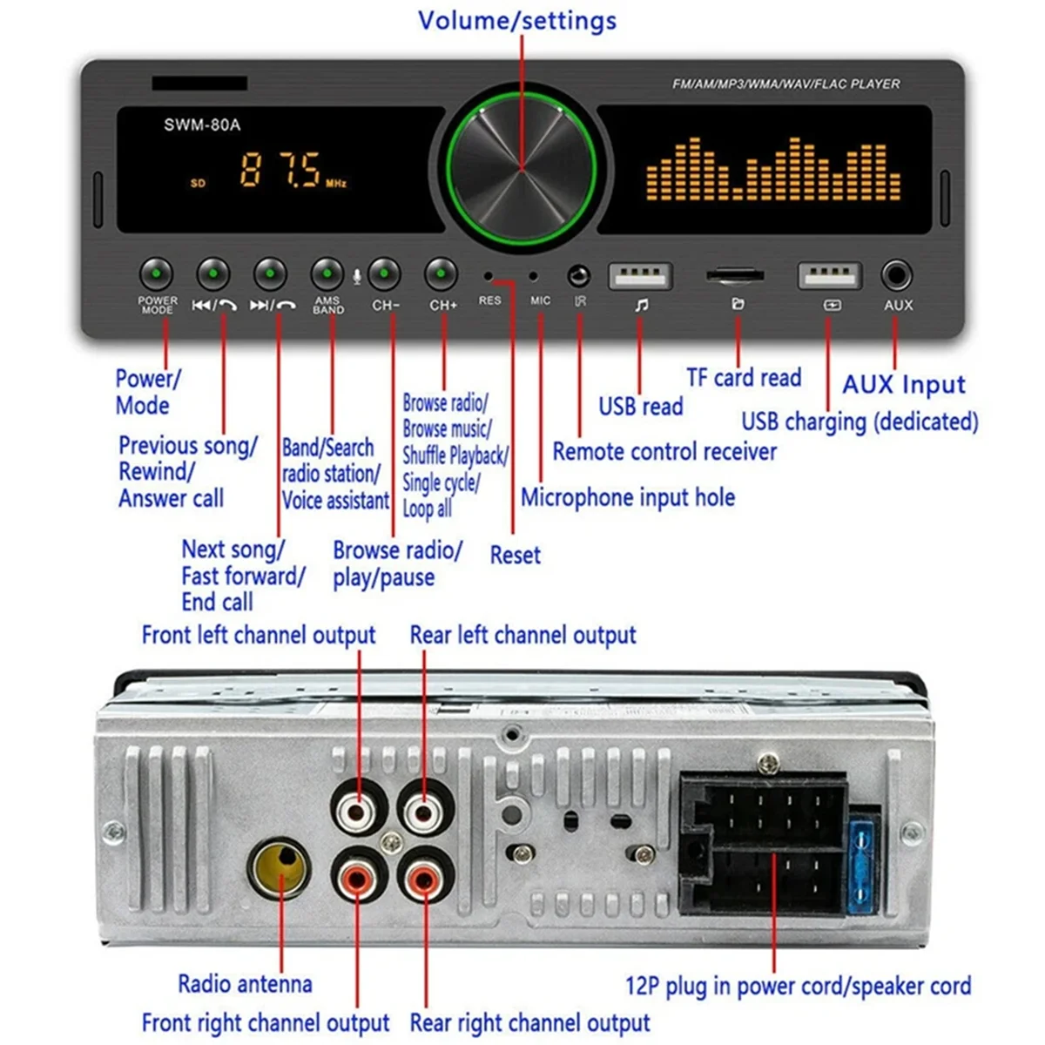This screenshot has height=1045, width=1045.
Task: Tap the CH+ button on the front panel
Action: tap(441, 275)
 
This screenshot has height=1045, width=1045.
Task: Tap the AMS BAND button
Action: tap(327, 275)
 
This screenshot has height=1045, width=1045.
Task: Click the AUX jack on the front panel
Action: tap(896, 277)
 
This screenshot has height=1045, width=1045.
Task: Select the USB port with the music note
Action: tap(641, 277)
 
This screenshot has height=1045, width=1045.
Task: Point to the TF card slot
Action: tap(735, 277)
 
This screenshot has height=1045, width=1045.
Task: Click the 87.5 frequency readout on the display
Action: tap(280, 171)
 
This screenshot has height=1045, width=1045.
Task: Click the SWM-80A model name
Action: tap(202, 125)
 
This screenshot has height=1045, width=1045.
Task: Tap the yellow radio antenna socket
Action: tap(278, 866)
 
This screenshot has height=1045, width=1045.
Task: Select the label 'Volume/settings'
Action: tap(517, 21)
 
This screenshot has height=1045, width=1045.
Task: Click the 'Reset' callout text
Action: tap(515, 556)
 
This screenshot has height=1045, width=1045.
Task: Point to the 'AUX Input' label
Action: tap(904, 385)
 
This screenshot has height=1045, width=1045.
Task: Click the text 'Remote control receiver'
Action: tap(664, 452)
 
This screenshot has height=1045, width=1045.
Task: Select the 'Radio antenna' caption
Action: tap(245, 984)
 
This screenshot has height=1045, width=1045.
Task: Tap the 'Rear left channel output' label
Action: tap(522, 635)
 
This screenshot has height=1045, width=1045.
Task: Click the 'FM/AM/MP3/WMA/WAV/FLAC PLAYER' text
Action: tap(785, 84)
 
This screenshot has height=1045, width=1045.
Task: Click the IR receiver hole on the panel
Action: tap(578, 277)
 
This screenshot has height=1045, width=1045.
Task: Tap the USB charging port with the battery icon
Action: tap(829, 277)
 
